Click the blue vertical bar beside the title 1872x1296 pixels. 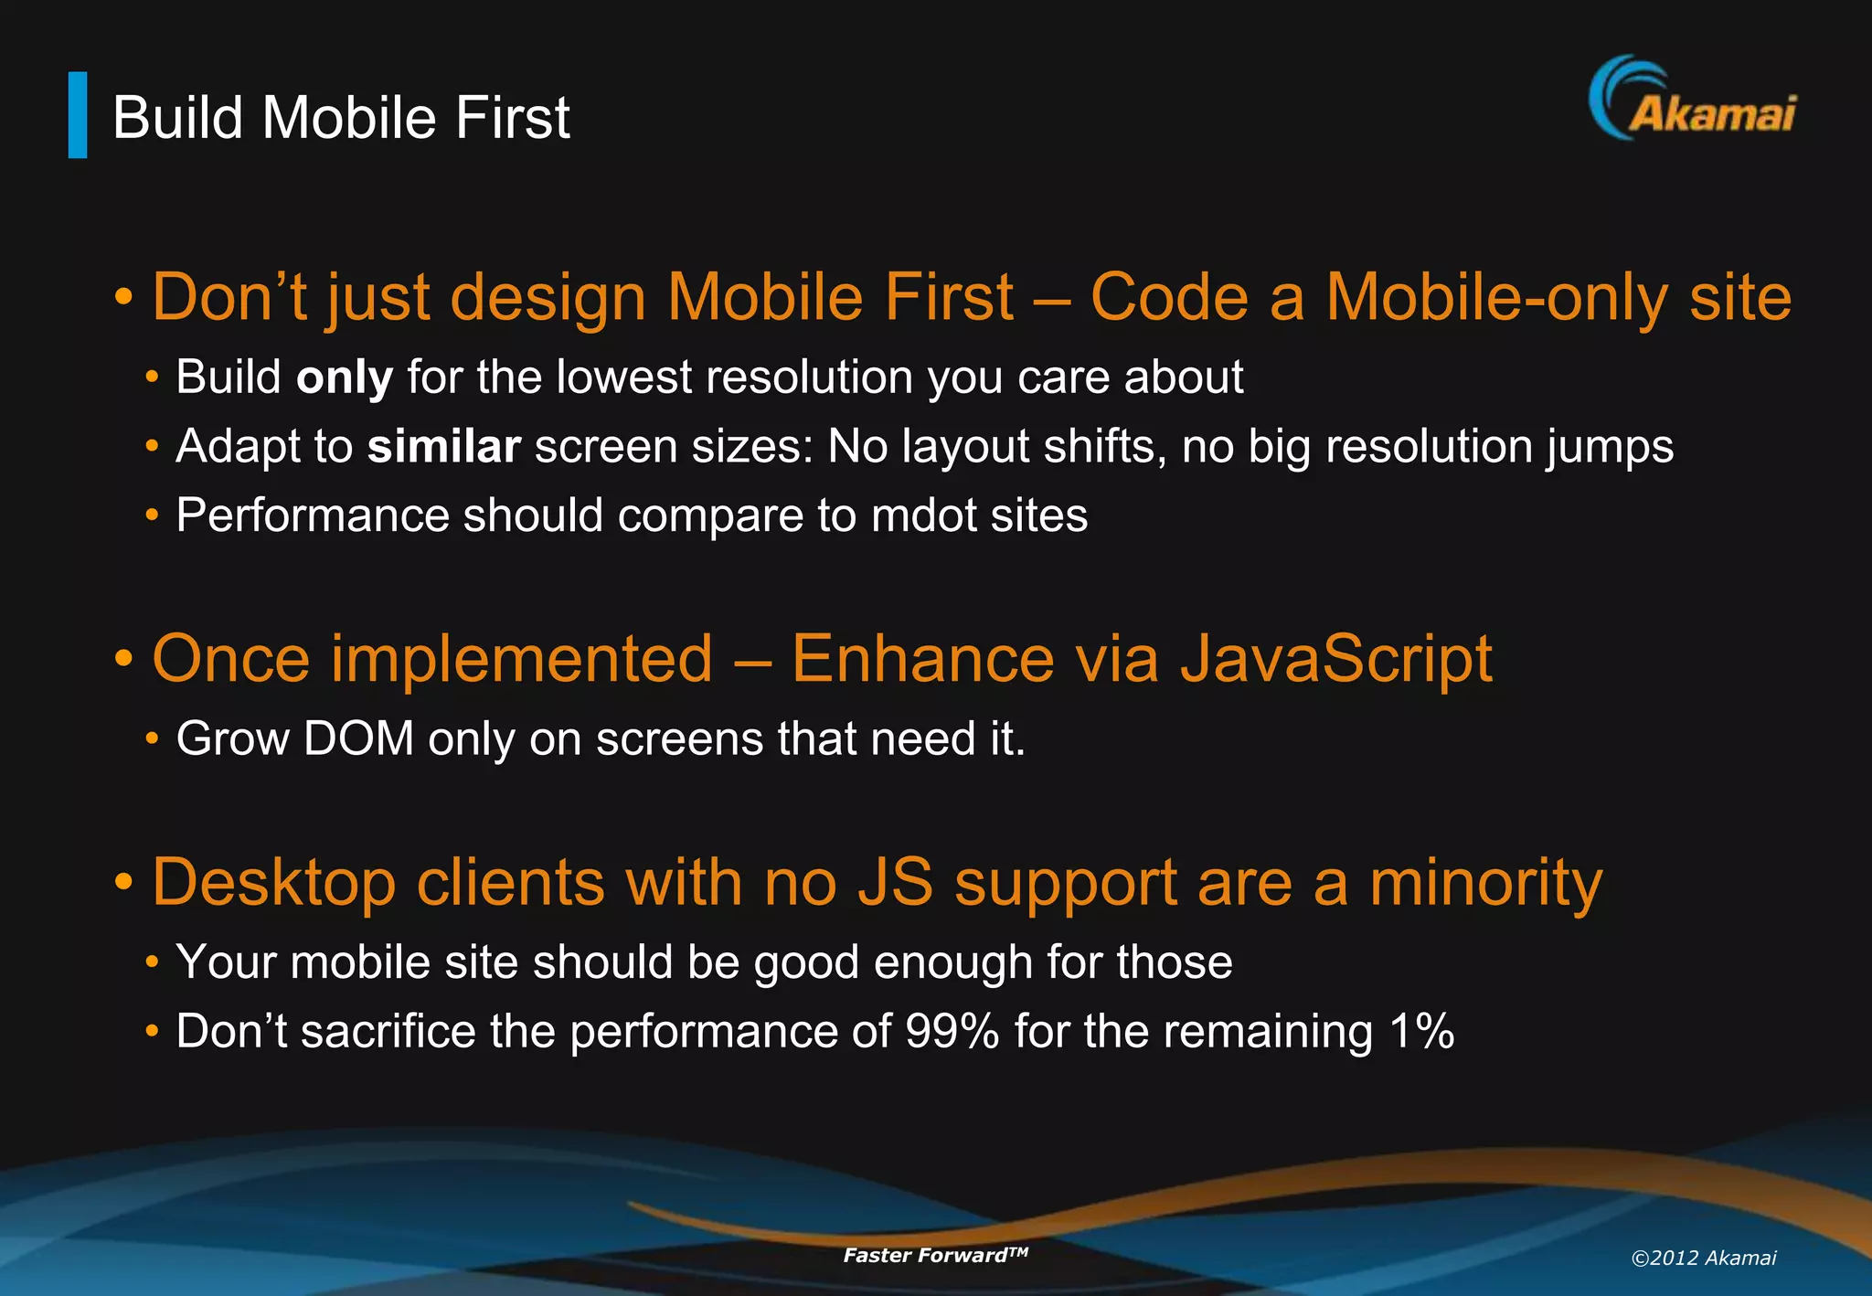[x=78, y=115]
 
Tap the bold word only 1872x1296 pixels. [x=345, y=377]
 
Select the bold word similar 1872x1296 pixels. [x=443, y=447]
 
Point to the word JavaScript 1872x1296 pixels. [x=1335, y=659]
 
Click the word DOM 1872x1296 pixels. [x=358, y=738]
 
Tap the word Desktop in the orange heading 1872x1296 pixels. [x=273, y=883]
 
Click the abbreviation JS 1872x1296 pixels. [x=895, y=883]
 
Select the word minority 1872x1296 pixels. [x=1485, y=883]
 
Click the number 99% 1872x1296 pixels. [x=952, y=1032]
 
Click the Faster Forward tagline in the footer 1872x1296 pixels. [x=935, y=1255]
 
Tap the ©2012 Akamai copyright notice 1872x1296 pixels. [x=1703, y=1258]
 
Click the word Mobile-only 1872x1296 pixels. [x=1496, y=297]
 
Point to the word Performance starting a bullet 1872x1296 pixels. [x=312, y=515]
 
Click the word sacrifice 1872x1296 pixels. [x=388, y=1032]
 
